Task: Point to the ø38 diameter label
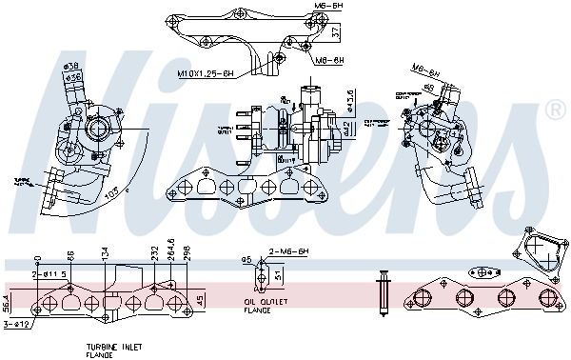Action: click(x=69, y=67)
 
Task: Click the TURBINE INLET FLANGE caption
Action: click(x=99, y=350)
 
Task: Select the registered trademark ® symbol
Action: click(x=554, y=111)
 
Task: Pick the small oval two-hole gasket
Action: click(x=254, y=277)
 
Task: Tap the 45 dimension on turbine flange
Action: click(x=198, y=301)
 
